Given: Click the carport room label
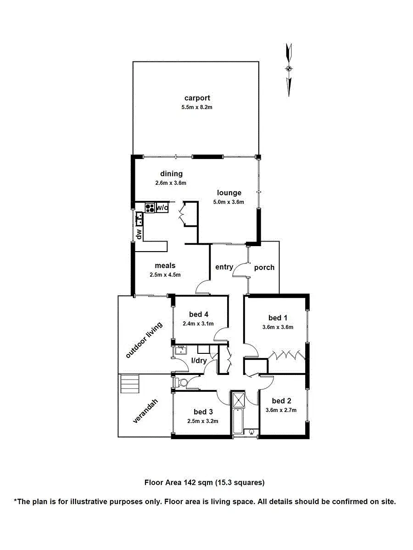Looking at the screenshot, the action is [x=197, y=98].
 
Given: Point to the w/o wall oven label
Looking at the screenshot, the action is [x=162, y=208].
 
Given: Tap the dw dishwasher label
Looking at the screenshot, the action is [x=139, y=234].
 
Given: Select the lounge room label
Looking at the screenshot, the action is [x=229, y=192].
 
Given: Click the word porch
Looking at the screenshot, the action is [x=264, y=267].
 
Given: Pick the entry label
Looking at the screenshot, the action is [x=224, y=267].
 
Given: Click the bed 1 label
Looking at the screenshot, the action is [x=278, y=318].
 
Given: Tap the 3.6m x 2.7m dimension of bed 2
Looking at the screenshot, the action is [x=281, y=410].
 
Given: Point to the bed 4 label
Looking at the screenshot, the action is [x=199, y=314].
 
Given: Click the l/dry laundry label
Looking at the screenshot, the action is [x=199, y=360].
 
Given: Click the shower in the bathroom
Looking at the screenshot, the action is [x=239, y=400].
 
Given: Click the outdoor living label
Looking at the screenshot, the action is [x=144, y=340].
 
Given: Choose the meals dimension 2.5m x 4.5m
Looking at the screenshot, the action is [x=165, y=275].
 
